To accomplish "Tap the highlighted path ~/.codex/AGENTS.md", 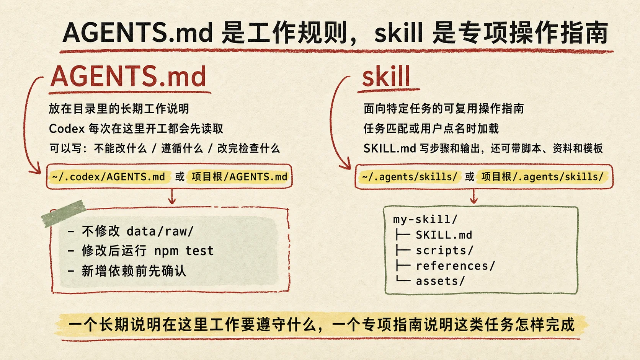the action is tap(109, 177).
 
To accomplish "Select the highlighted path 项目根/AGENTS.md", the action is tap(240, 177).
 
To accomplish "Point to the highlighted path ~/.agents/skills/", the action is tap(410, 177).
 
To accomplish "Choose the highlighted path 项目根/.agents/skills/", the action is tap(542, 177).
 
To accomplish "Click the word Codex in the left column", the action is tap(67, 129).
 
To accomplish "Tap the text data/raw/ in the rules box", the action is tap(160, 231).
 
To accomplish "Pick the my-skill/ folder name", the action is tap(425, 219).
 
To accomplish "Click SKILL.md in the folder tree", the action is tap(444, 235).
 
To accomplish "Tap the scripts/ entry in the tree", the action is tap(444, 250).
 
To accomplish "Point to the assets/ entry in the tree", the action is tap(440, 281).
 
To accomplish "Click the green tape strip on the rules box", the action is tap(64, 213).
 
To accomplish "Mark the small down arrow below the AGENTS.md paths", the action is tap(172, 196).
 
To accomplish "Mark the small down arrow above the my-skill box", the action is tap(474, 196).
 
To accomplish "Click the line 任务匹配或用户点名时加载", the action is tap(431, 129).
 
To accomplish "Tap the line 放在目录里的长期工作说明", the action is tap(119, 109).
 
